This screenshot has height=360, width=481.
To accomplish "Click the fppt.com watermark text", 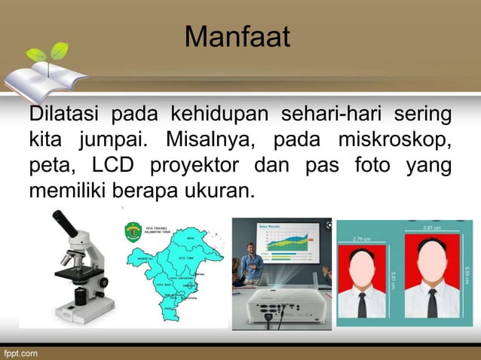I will (x=20, y=352).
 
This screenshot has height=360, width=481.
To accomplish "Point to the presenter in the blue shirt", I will (x=252, y=263).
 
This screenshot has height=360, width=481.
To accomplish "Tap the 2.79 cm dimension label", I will (x=363, y=239).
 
